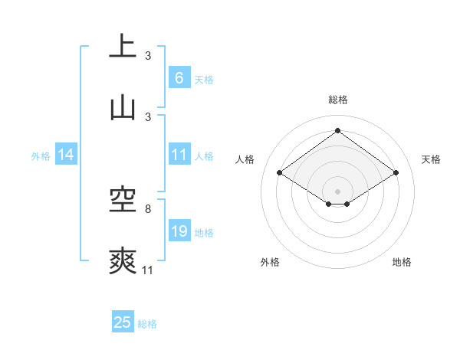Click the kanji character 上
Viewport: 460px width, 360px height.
coord(123,46)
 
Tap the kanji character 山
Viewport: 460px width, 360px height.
coord(123,107)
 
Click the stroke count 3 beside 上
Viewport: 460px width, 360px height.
coord(148,56)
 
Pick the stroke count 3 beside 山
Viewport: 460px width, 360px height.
coord(148,116)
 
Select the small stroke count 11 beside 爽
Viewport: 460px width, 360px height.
coord(148,270)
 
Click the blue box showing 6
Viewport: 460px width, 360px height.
coord(179,77)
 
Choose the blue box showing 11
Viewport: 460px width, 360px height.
coord(179,155)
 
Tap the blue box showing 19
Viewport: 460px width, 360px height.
coord(179,231)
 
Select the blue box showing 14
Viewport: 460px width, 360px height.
coord(66,155)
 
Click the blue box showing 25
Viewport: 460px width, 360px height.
coord(123,322)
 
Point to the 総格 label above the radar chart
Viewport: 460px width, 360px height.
coord(338,100)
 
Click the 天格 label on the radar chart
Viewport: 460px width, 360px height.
coord(431,159)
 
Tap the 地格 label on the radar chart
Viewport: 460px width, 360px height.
coord(402,262)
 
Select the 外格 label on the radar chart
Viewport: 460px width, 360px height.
coord(270,262)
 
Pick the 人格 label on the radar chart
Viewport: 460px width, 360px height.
coord(245,159)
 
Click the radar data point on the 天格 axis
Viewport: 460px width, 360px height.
coord(396,173)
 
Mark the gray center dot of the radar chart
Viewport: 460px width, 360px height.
coord(338,191)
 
